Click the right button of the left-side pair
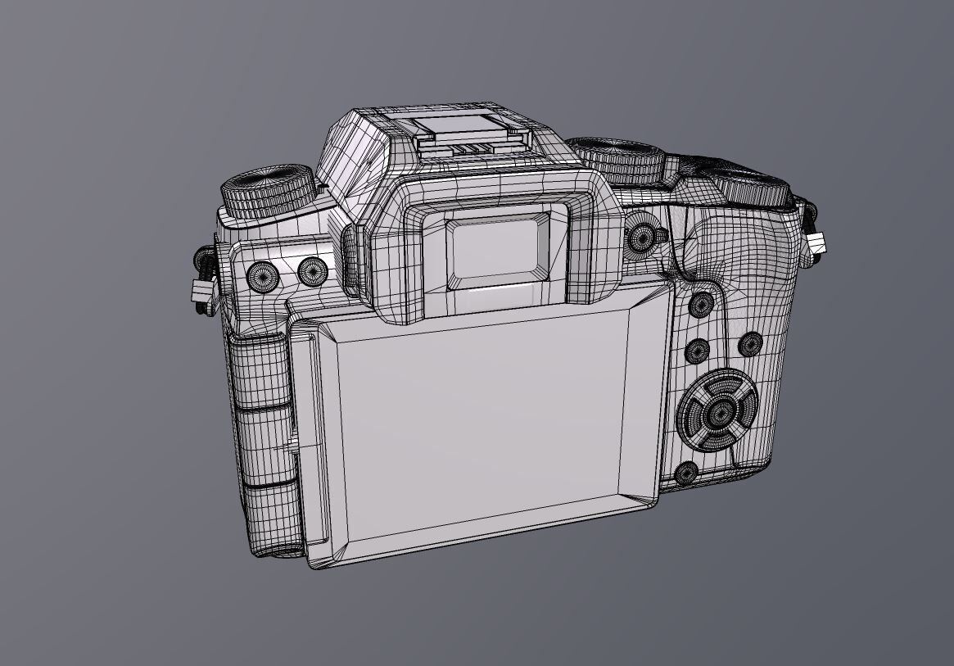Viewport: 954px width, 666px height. pyautogui.click(x=312, y=272)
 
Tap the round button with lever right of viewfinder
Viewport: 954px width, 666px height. pyautogui.click(x=641, y=238)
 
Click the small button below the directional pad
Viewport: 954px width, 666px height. pyautogui.click(x=686, y=473)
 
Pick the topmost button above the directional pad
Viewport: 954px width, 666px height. pyautogui.click(x=703, y=305)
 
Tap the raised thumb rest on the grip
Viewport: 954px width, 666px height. pyautogui.click(x=737, y=246)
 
